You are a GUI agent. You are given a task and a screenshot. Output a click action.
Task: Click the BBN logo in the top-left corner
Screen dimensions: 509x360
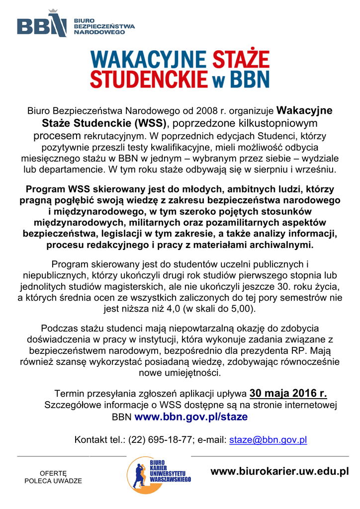[x=42, y=23]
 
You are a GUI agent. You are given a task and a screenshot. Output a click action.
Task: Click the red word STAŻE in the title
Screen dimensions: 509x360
[x=241, y=60]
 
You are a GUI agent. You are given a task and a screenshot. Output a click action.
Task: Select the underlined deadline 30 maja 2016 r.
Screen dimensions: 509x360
[x=288, y=394]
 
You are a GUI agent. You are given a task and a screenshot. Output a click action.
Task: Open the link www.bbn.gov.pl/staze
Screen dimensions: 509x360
[x=191, y=417]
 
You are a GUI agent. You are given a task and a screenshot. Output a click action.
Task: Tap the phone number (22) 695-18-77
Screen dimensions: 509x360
[x=161, y=440]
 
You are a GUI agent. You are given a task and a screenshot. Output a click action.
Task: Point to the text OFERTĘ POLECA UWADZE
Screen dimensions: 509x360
[x=53, y=477]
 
